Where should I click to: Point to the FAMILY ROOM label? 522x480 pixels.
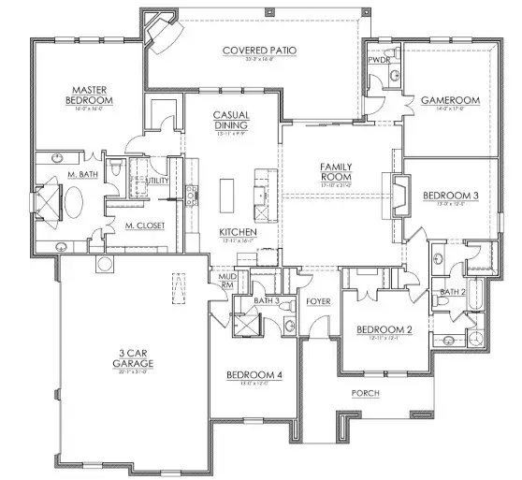coord(334,170)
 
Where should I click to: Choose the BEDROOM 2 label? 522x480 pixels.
coord(383,329)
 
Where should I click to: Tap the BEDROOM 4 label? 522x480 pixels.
coord(254,375)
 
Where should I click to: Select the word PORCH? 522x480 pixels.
coord(365,393)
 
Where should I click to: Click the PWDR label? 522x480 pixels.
coord(379,59)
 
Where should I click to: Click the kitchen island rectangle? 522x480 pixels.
coord(225,195)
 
